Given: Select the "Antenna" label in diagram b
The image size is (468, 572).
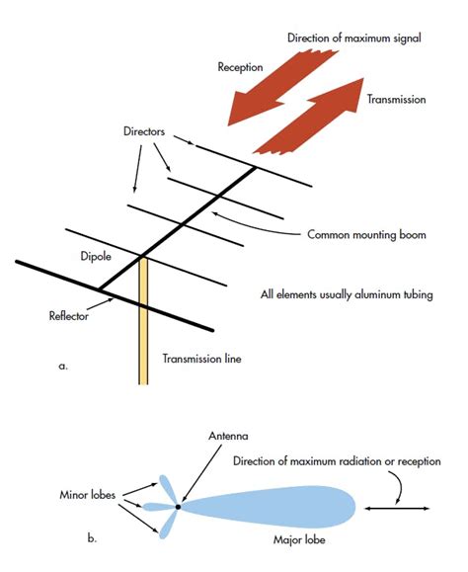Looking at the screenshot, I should [x=201, y=436].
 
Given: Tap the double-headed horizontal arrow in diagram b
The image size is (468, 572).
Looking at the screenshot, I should [x=396, y=508].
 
